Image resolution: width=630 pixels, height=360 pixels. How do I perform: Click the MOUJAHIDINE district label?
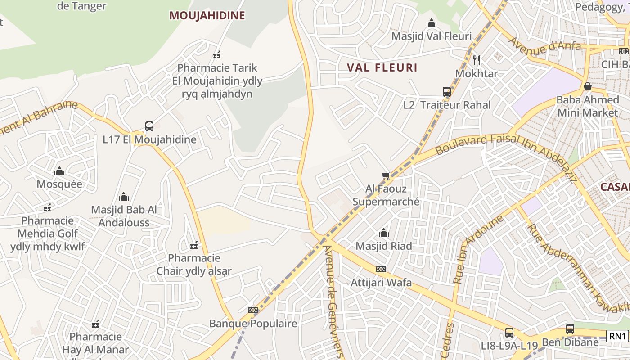(x=207, y=15)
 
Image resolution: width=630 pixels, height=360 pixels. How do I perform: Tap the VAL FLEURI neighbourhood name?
(x=382, y=68)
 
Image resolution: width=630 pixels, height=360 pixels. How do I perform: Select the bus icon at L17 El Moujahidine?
(x=149, y=126)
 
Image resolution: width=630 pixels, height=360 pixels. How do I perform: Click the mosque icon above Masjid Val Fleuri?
(x=432, y=23)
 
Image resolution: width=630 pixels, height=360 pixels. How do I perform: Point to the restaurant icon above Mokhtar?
(x=477, y=60)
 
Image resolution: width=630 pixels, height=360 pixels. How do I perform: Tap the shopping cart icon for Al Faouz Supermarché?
(x=386, y=176)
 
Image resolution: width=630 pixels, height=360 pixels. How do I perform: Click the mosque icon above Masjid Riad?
(x=384, y=233)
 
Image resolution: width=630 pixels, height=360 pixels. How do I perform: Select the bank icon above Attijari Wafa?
(x=381, y=269)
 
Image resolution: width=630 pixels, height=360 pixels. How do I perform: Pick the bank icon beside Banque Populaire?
(x=253, y=310)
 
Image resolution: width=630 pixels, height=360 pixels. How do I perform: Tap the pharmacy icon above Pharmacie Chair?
(x=194, y=245)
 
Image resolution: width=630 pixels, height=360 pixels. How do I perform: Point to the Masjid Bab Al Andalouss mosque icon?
(x=124, y=197)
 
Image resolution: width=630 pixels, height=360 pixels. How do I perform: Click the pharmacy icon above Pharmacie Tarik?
(x=217, y=55)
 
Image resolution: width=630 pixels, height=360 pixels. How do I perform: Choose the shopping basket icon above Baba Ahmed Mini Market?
(x=587, y=86)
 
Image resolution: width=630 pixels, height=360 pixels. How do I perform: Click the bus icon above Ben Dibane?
(x=570, y=329)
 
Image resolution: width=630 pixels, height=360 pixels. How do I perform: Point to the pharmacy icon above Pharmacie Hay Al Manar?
(x=95, y=324)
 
